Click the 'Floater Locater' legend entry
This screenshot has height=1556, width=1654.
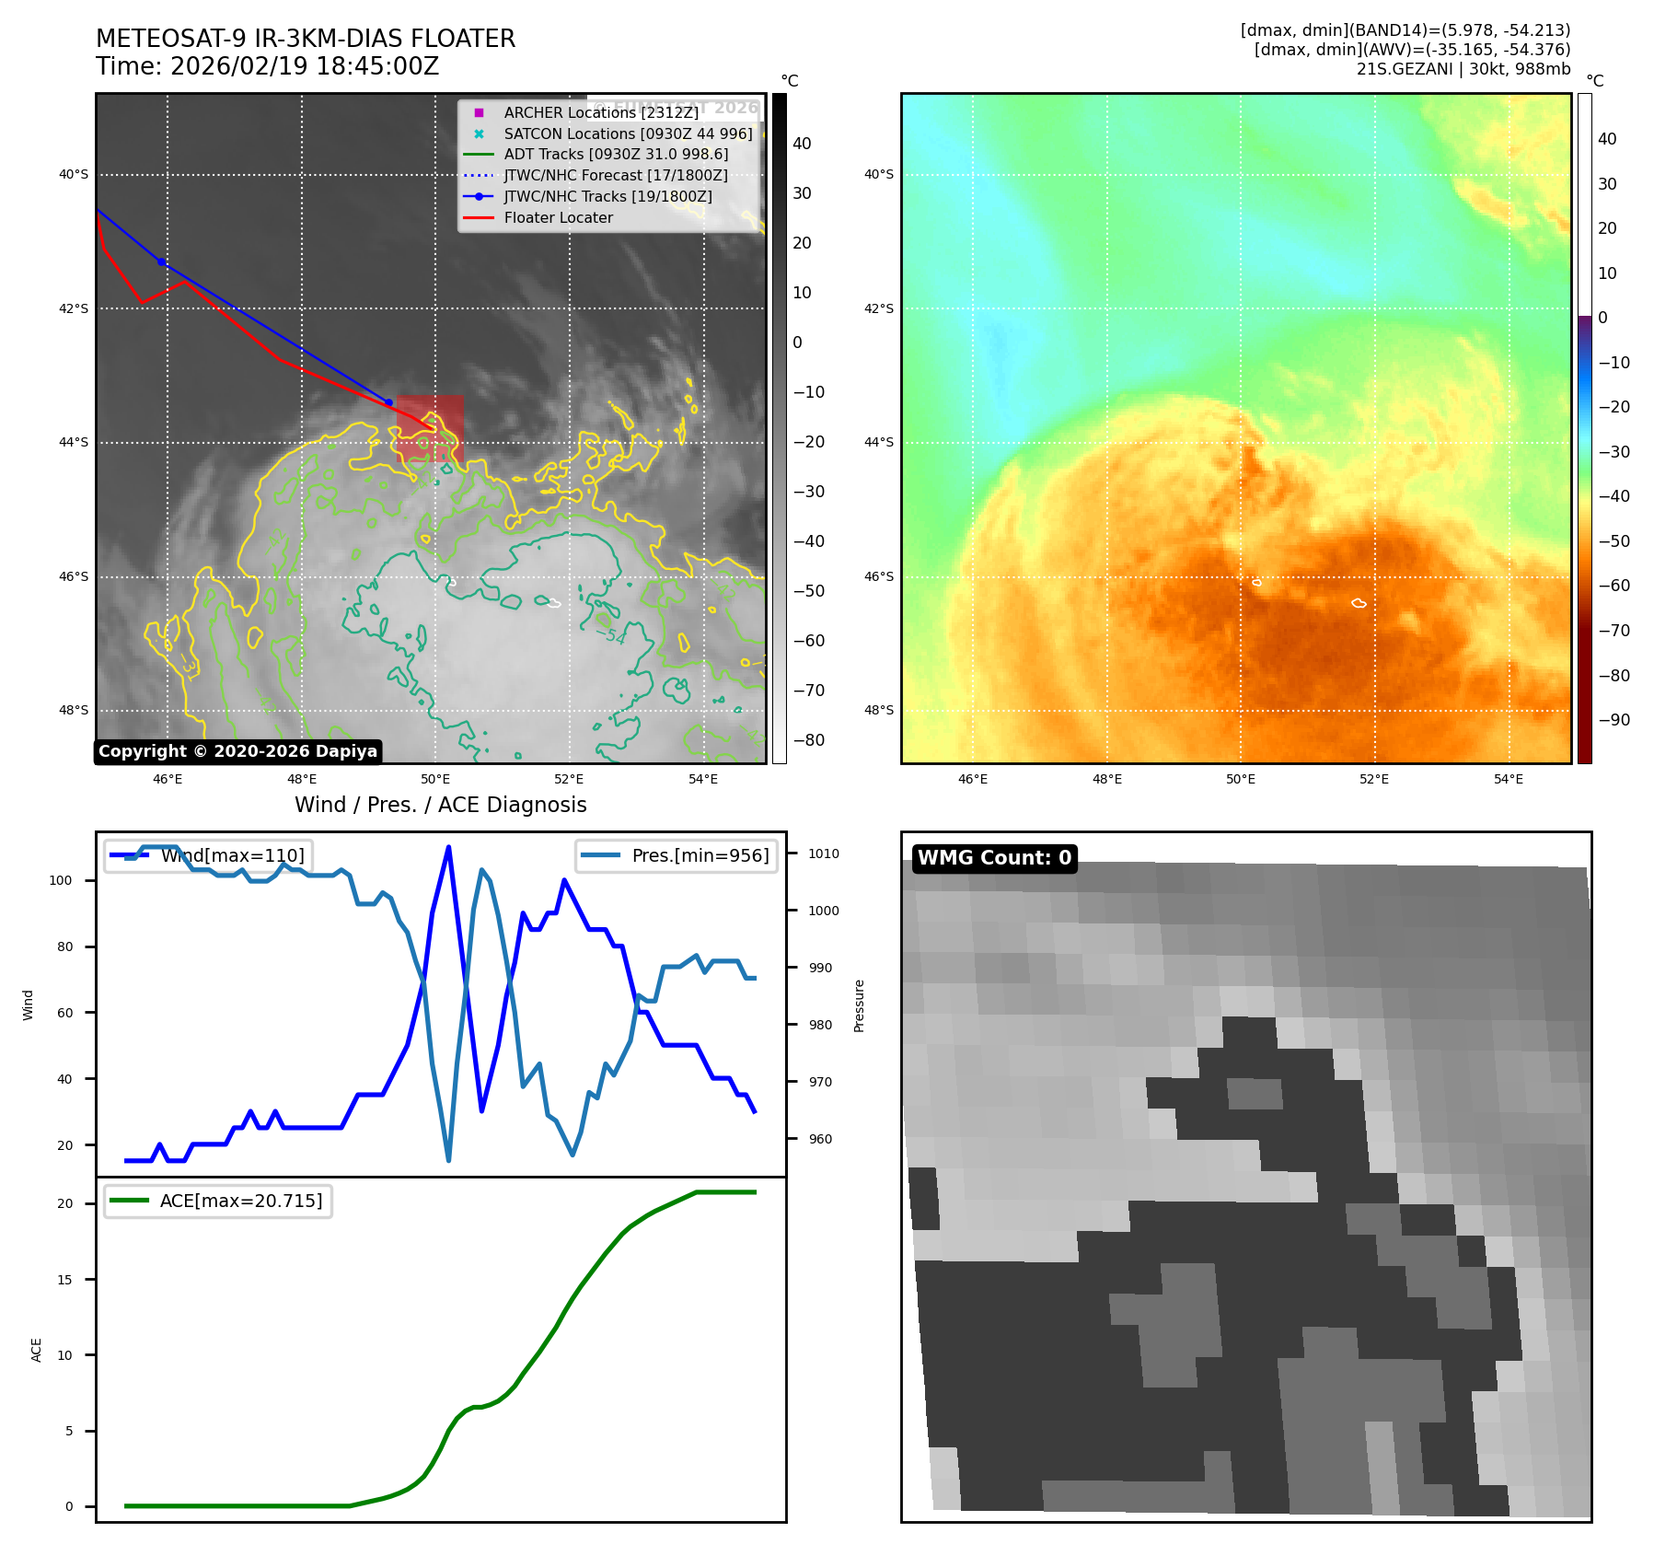(x=558, y=217)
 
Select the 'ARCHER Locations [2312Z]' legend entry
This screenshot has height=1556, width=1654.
(x=601, y=112)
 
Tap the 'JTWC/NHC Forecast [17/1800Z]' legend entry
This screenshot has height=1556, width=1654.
(x=615, y=175)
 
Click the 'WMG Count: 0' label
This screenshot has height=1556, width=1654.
(x=994, y=858)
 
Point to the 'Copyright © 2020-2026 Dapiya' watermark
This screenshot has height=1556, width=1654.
(x=237, y=751)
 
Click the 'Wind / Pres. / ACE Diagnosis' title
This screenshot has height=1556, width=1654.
(x=440, y=805)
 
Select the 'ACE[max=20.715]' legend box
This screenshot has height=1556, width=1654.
(x=218, y=1201)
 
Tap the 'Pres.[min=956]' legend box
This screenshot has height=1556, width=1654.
(x=677, y=855)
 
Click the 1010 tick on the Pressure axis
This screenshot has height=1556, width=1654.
(x=823, y=853)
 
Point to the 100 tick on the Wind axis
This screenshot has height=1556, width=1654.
(x=61, y=880)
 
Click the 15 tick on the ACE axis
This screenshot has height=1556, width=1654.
(x=64, y=1280)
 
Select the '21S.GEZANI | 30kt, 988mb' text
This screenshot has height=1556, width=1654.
(x=1463, y=69)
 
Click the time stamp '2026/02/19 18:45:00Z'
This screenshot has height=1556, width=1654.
(x=305, y=66)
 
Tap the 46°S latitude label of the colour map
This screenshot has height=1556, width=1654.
(x=878, y=576)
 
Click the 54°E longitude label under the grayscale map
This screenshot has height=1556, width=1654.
(x=703, y=779)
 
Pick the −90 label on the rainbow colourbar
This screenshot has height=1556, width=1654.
(x=1614, y=720)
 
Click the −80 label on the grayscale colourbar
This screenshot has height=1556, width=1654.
(x=809, y=740)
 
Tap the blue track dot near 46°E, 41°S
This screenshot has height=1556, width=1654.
(x=162, y=262)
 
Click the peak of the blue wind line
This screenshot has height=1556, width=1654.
(x=448, y=847)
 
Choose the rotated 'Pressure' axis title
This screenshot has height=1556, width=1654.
(x=859, y=1005)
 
